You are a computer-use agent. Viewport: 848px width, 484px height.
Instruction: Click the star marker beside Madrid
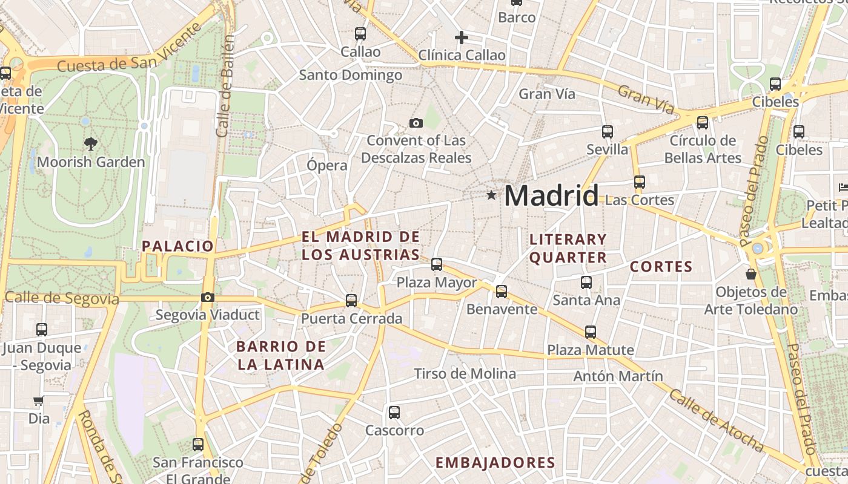click(x=491, y=195)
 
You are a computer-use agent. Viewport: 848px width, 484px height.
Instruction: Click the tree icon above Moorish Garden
click(x=91, y=144)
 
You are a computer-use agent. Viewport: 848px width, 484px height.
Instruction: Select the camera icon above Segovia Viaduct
click(x=208, y=297)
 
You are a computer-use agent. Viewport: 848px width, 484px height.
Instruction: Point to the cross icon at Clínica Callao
click(x=462, y=38)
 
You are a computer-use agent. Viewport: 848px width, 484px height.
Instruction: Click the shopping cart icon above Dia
click(x=38, y=401)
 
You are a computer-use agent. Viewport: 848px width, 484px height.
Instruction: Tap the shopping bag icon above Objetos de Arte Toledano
click(x=751, y=274)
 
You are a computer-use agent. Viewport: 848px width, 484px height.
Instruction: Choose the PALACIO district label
click(x=177, y=246)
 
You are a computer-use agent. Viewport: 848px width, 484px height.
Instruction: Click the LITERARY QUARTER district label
click(x=568, y=248)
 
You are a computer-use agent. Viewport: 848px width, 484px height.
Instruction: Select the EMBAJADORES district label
click(x=495, y=463)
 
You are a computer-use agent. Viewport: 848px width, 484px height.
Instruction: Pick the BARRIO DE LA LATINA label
click(x=281, y=356)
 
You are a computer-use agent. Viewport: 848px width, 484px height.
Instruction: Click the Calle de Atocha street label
click(x=716, y=420)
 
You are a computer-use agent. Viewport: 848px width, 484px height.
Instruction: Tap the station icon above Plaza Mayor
click(x=437, y=264)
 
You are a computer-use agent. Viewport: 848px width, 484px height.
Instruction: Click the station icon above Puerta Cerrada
click(x=351, y=300)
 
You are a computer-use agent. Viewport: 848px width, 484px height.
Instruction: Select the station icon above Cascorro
click(x=394, y=413)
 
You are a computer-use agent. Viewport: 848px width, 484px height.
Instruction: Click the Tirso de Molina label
click(x=465, y=374)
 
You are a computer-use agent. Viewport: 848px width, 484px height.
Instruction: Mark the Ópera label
click(x=327, y=165)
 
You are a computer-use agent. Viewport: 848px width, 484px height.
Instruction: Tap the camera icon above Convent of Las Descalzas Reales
click(x=416, y=123)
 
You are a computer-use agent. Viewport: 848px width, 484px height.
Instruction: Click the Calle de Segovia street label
click(x=62, y=298)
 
